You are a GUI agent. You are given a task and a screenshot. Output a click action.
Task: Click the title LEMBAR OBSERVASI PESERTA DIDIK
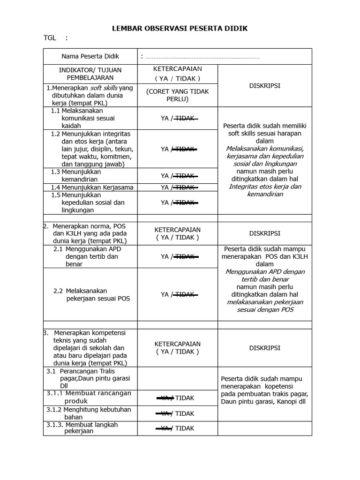click(180, 29)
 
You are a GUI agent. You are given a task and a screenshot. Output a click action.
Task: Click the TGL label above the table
click(50, 38)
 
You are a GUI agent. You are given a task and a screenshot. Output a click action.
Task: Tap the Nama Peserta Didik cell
click(90, 56)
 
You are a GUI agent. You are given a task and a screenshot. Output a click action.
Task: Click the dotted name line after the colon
click(202, 57)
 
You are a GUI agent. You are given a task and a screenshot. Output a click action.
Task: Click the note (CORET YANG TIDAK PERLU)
click(177, 95)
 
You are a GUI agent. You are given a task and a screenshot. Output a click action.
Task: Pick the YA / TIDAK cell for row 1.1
click(177, 119)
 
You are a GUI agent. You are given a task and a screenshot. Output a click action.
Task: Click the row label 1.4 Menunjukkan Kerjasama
click(92, 187)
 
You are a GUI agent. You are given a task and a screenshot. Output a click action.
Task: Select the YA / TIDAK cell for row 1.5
click(177, 202)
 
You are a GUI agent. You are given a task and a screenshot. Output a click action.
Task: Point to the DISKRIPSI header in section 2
click(265, 233)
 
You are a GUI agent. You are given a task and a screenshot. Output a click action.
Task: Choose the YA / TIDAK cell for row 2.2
click(177, 294)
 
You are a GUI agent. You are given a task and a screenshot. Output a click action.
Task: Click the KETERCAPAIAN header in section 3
click(177, 348)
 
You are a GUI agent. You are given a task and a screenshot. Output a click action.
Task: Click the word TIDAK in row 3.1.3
click(185, 428)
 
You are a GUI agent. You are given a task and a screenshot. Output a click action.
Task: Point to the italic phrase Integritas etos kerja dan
click(265, 187)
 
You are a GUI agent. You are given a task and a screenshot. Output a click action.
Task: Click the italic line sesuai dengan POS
click(265, 310)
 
